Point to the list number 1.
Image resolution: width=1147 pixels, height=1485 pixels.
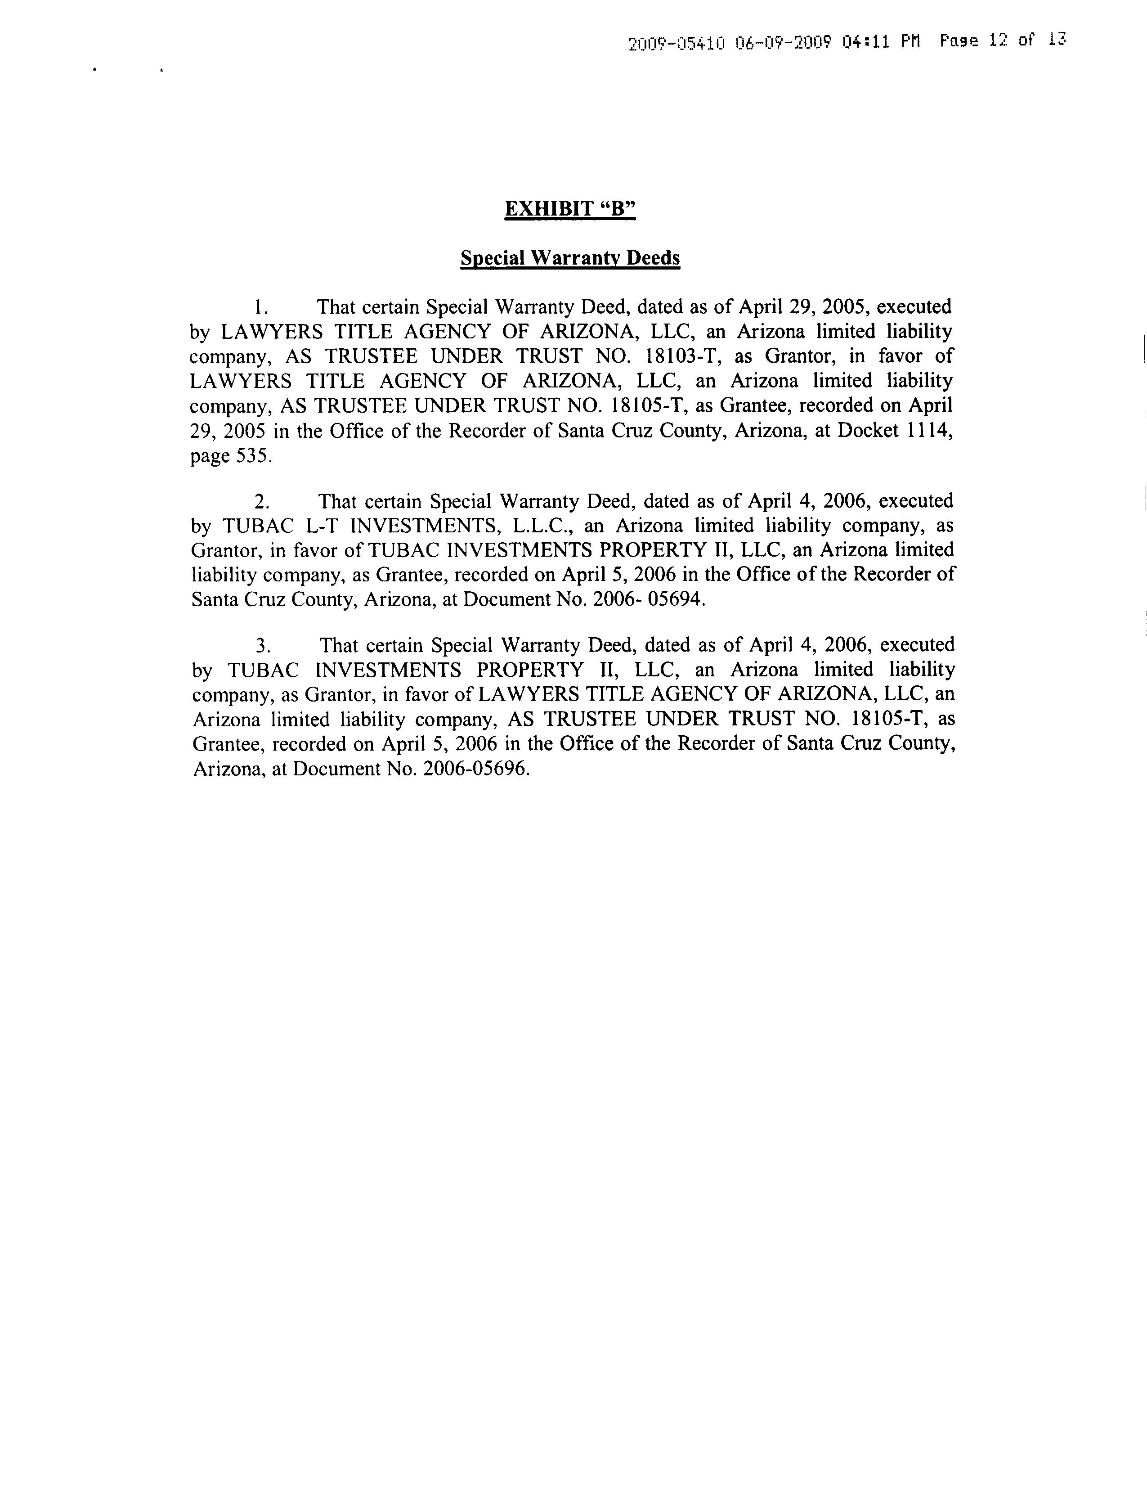click(261, 307)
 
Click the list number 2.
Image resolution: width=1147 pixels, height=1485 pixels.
click(262, 502)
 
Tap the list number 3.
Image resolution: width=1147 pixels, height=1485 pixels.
click(262, 645)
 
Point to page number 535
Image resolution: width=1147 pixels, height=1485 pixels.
click(253, 455)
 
